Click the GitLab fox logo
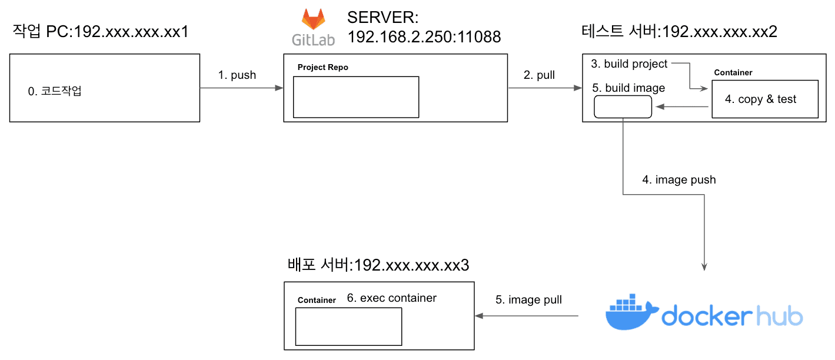(x=314, y=19)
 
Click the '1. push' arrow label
(x=237, y=75)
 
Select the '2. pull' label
(x=539, y=75)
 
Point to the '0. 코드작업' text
(x=55, y=92)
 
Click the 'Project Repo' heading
(x=322, y=67)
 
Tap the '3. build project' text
(x=629, y=64)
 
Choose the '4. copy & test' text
(x=760, y=99)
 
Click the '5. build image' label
(x=628, y=88)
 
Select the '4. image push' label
(x=678, y=179)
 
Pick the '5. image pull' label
(x=528, y=300)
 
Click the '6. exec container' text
(x=391, y=298)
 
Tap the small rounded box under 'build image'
(x=623, y=106)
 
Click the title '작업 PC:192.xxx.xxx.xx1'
(x=101, y=31)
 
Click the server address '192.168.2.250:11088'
(x=424, y=37)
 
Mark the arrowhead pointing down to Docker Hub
(x=704, y=266)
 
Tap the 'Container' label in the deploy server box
(x=317, y=300)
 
